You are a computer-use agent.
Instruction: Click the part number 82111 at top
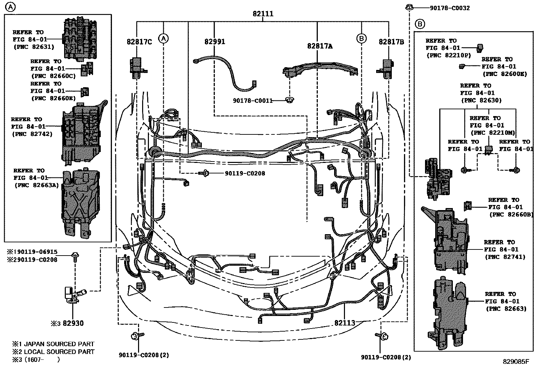[x=263, y=14]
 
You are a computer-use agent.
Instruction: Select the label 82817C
[x=139, y=42]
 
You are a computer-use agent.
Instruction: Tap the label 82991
[x=214, y=42]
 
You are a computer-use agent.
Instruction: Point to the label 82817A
[x=320, y=46]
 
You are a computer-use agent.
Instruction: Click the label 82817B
[x=391, y=42]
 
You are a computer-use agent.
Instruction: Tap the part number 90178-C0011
[x=253, y=101]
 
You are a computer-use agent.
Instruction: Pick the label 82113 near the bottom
[x=345, y=323]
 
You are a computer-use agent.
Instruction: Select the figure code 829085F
[x=516, y=361]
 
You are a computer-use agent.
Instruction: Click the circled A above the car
[x=163, y=39]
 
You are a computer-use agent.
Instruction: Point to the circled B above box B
[x=420, y=24]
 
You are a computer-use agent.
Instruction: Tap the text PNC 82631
[x=34, y=47]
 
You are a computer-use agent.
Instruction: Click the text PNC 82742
[x=32, y=134]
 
